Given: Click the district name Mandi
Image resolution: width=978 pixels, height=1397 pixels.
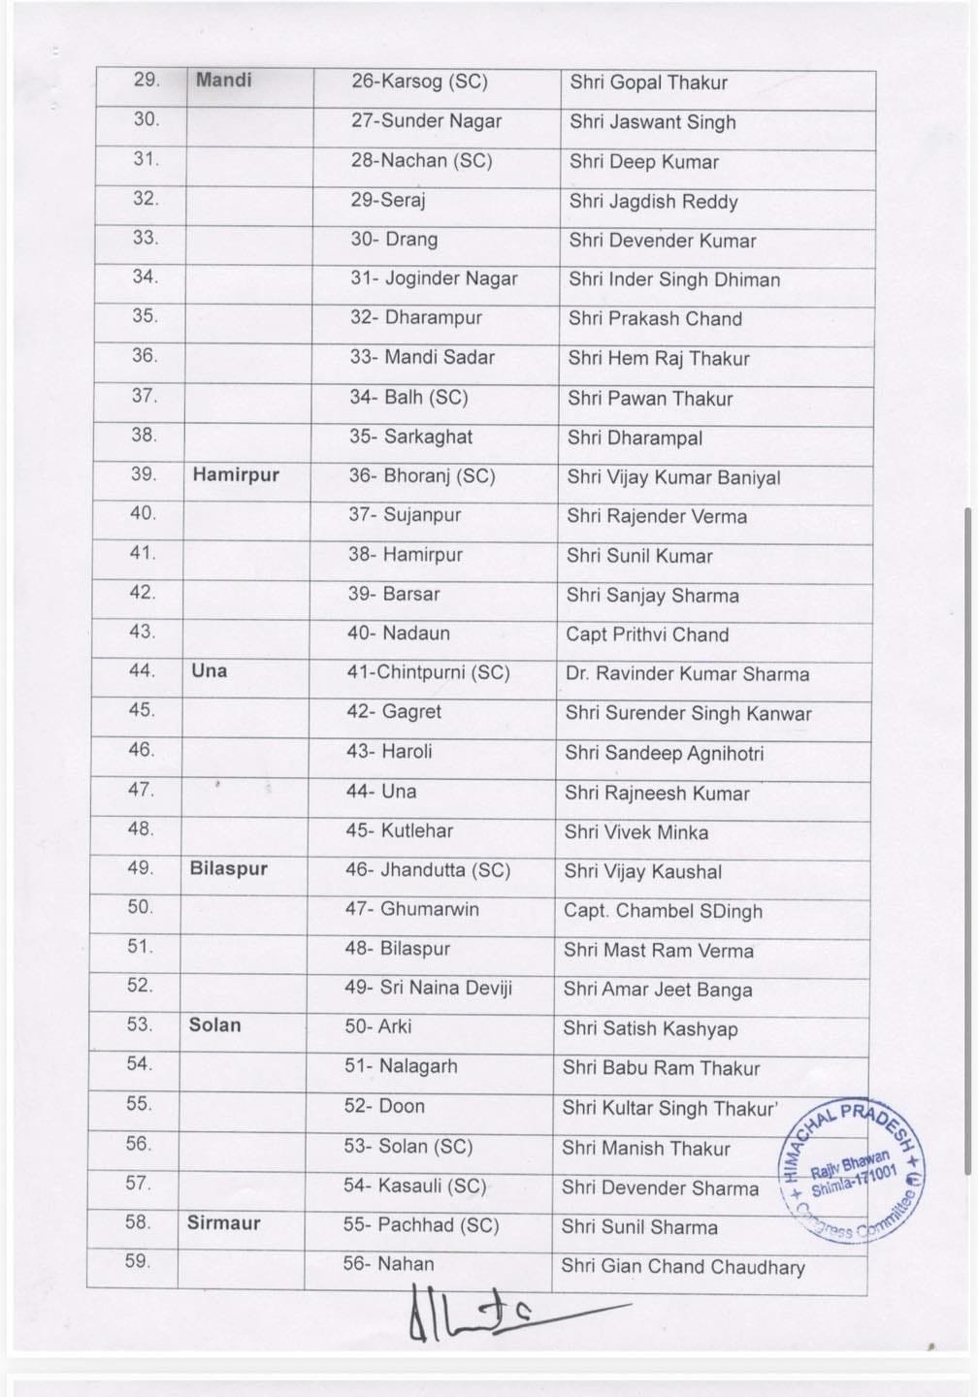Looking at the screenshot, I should click(x=223, y=80).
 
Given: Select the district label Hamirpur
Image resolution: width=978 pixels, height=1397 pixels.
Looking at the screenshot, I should click(x=236, y=474).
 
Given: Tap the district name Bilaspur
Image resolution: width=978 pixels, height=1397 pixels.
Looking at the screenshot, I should click(x=229, y=868).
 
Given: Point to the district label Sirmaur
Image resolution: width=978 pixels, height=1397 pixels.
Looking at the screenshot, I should click(x=224, y=1222).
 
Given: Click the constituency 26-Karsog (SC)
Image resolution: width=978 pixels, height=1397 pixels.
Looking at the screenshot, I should click(x=419, y=81).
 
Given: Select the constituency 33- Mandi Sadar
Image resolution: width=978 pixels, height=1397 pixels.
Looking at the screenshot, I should click(x=422, y=357).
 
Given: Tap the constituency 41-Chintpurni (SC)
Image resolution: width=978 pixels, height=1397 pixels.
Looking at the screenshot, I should click(x=428, y=672).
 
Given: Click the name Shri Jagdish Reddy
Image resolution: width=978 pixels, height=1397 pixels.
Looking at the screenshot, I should click(x=654, y=202).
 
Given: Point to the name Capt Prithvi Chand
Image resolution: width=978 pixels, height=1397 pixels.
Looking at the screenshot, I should click(x=647, y=634).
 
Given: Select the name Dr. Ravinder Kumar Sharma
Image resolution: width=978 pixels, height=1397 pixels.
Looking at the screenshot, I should click(x=687, y=674).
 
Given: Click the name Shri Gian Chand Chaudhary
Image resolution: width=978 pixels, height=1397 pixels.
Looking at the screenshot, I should click(x=683, y=1266).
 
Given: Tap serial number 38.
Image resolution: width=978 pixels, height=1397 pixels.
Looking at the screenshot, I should click(x=144, y=435).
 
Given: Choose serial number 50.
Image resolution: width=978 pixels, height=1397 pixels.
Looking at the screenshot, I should click(x=141, y=907).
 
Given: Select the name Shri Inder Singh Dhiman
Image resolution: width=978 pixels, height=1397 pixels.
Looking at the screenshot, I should click(x=674, y=279).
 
